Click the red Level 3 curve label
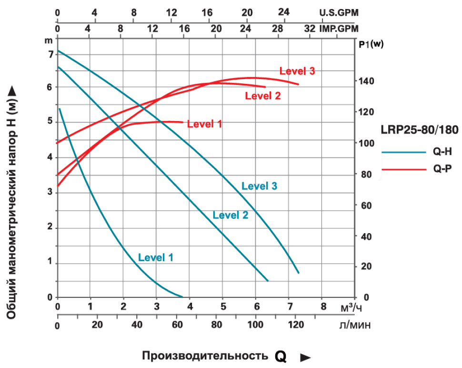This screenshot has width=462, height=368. click(x=297, y=72)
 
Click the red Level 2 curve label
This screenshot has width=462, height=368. click(x=263, y=96)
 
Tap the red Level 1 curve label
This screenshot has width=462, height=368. click(x=205, y=124)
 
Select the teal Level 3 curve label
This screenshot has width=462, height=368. click(x=259, y=186)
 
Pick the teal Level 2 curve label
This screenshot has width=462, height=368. click(x=231, y=215)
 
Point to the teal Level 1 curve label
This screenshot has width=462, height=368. click(x=156, y=258)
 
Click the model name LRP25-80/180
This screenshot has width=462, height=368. click(x=419, y=130)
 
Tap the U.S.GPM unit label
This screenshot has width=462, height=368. click(x=339, y=12)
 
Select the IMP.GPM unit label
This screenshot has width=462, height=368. click(x=339, y=28)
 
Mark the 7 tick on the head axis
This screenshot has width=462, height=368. click(x=50, y=54)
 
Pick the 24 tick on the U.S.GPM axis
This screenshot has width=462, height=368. click(x=283, y=11)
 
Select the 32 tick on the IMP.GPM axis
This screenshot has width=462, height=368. click(x=310, y=28)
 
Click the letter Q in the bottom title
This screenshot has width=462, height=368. click(x=281, y=357)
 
